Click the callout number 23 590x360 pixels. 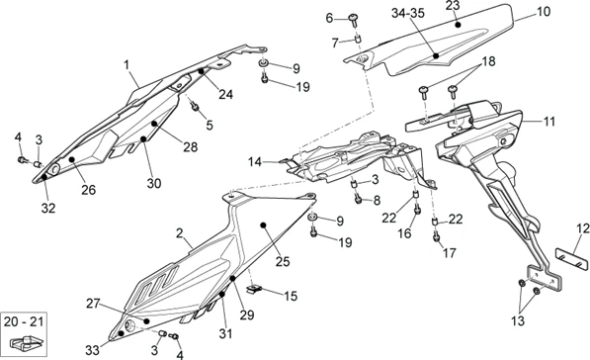click(453, 6)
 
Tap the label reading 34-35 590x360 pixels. click(408, 13)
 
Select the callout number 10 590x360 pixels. click(544, 11)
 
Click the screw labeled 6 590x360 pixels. click(354, 19)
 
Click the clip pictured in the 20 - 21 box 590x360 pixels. click(27, 342)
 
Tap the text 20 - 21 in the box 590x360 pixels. click(24, 321)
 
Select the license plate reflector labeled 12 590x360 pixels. click(572, 257)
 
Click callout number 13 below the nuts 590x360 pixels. click(518, 320)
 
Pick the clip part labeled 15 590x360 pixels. click(254, 289)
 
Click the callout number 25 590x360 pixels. click(283, 261)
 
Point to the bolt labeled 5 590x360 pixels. click(196, 107)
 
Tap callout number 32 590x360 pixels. click(48, 208)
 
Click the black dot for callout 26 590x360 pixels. click(72, 159)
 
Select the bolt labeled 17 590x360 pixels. click(437, 236)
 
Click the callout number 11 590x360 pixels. click(549, 122)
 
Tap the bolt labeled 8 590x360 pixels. click(358, 199)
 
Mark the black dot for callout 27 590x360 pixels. click(146, 321)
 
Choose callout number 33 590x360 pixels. click(93, 350)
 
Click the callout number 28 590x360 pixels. click(191, 146)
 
